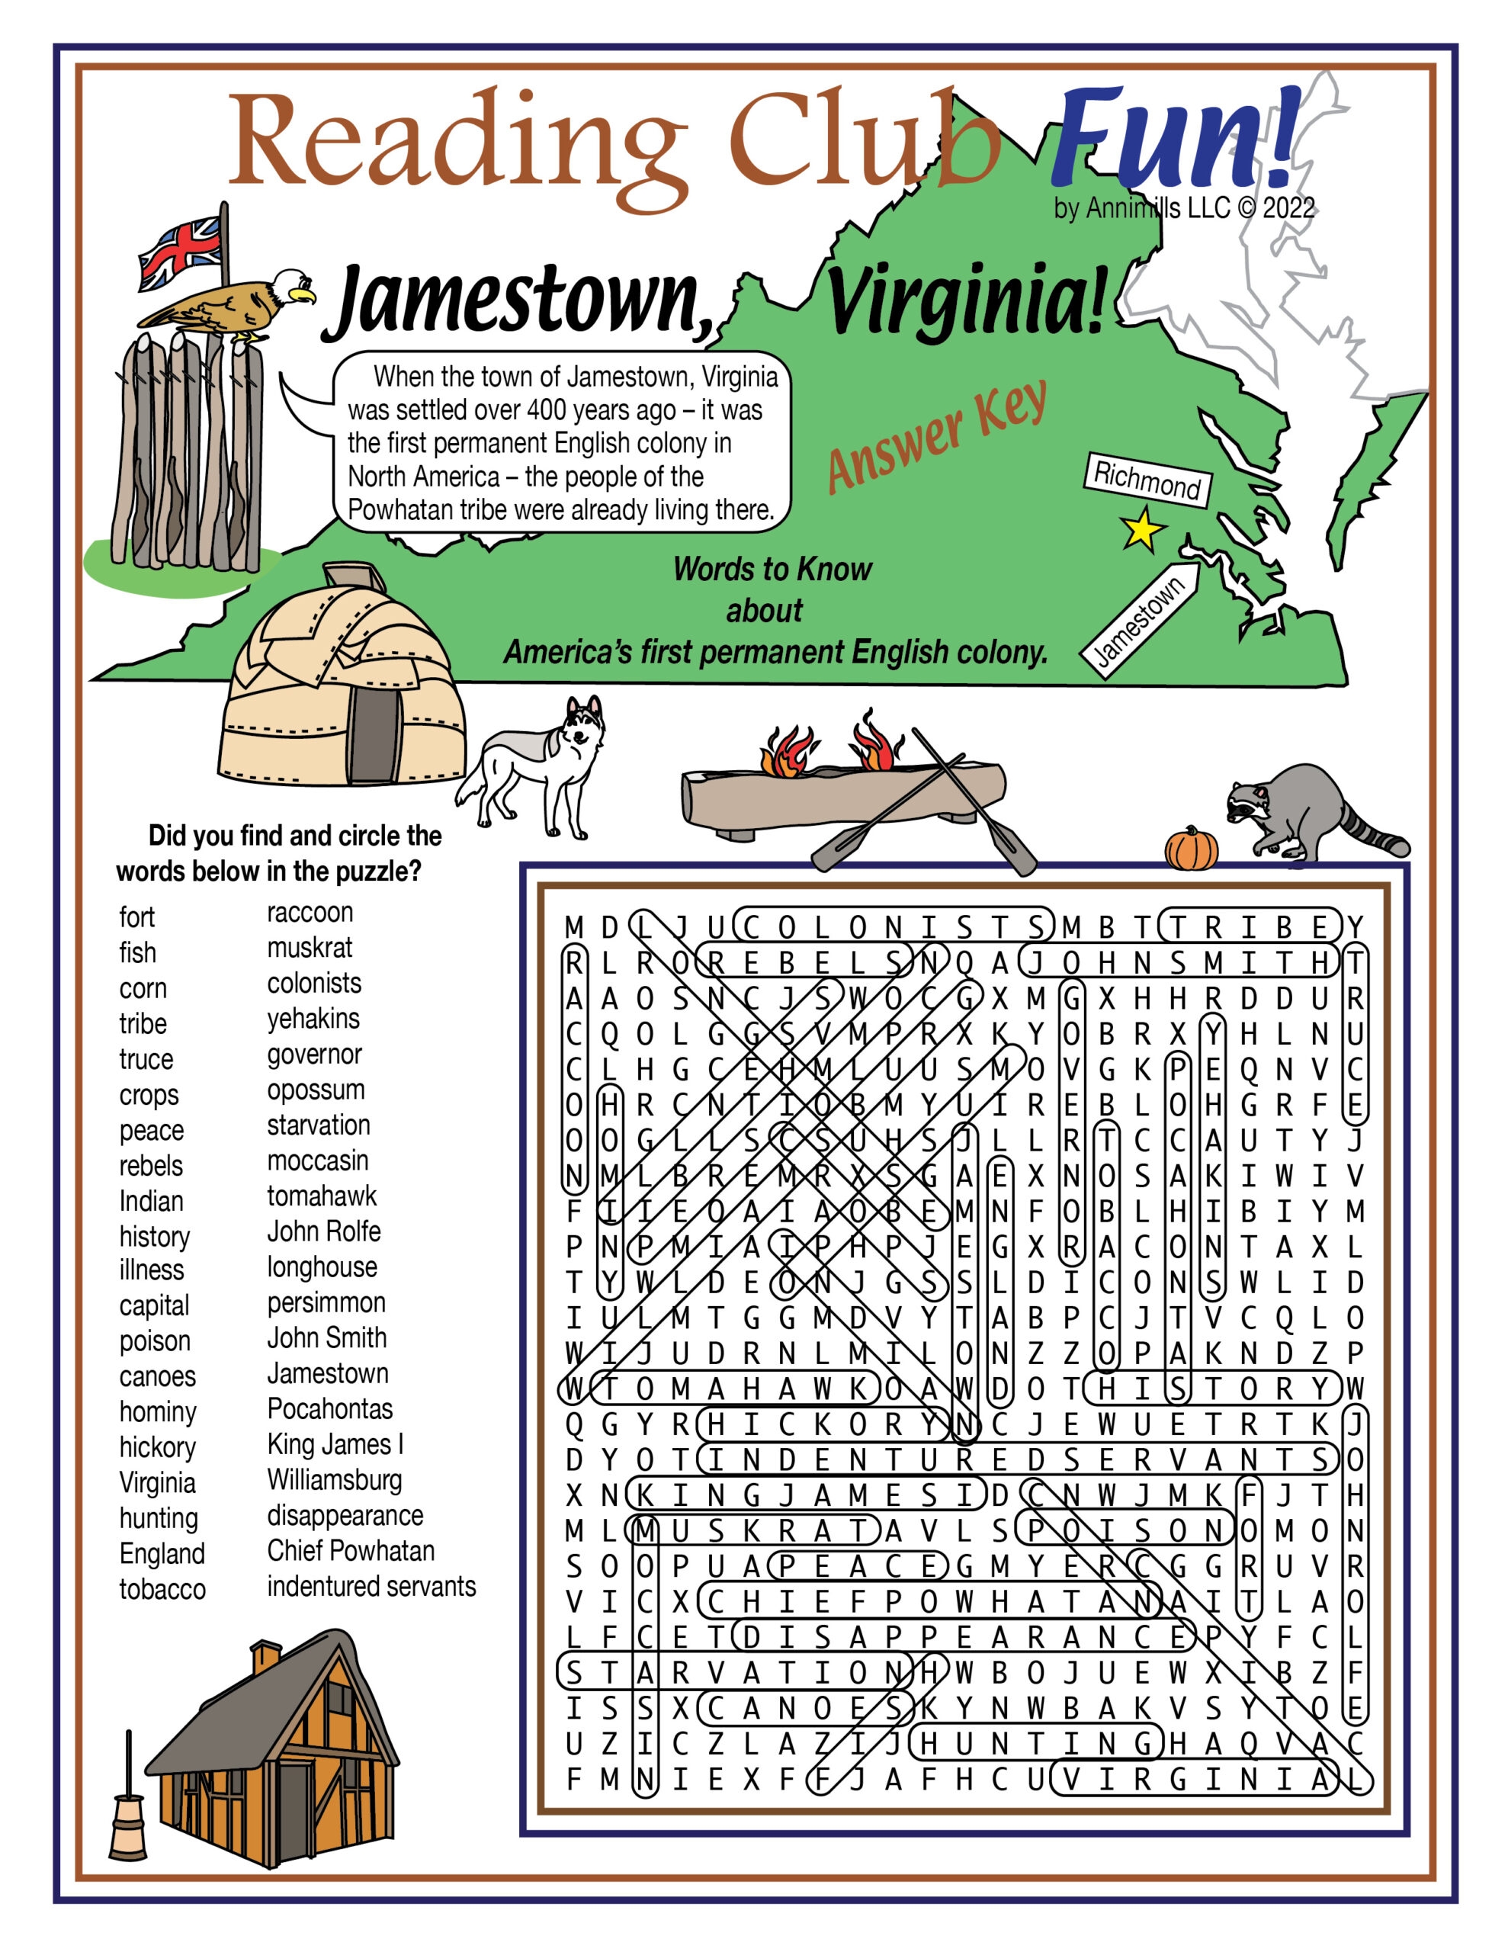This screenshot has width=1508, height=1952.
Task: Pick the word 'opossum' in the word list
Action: pyautogui.click(x=316, y=1090)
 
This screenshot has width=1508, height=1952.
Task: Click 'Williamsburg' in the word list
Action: pyautogui.click(x=335, y=1479)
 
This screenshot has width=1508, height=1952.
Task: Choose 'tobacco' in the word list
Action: pyautogui.click(x=162, y=1589)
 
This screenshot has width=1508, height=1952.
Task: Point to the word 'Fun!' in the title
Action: pyautogui.click(x=1173, y=139)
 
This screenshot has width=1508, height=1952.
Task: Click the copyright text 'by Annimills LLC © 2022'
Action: pyautogui.click(x=1183, y=208)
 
